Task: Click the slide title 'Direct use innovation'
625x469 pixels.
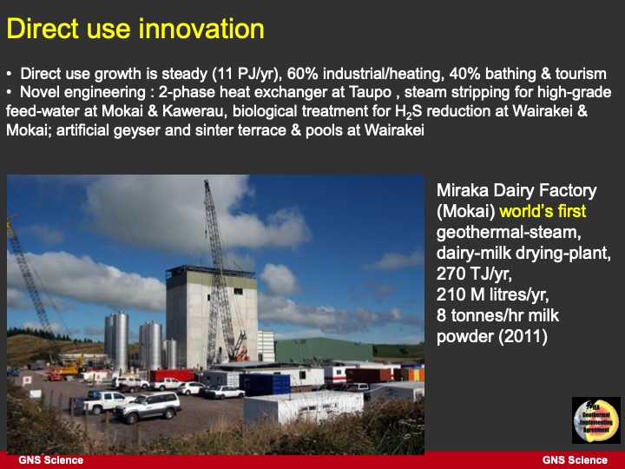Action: coord(135,29)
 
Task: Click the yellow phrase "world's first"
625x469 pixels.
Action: coord(543,211)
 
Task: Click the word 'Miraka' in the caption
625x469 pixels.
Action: coord(467,190)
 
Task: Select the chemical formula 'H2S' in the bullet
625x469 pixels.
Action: coord(456,111)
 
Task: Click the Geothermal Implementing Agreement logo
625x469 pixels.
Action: coord(595,419)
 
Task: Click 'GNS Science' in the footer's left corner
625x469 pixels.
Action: coord(51,459)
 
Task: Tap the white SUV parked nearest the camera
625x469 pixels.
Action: coord(147,406)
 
